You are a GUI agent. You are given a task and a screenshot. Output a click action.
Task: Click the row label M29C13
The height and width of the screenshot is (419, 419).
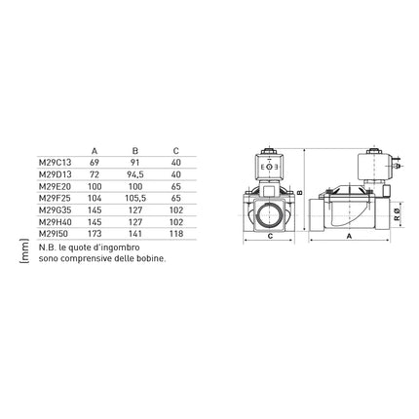[x=55, y=163]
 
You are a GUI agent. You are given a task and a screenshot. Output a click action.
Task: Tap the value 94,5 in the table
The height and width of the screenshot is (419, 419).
[x=135, y=174]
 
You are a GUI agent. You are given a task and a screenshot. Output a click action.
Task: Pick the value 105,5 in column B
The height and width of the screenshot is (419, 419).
[x=135, y=198]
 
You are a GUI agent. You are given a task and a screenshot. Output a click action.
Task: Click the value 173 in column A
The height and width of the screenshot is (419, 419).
[x=95, y=234]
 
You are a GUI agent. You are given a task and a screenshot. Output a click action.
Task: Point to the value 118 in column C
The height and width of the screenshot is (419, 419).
[x=176, y=234]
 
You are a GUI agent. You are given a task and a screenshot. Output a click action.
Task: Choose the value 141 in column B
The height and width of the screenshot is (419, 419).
[x=135, y=234]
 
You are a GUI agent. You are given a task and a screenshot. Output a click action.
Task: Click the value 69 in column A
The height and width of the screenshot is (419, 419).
[x=95, y=163]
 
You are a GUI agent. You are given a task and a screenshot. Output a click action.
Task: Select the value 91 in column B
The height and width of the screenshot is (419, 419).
[x=134, y=163]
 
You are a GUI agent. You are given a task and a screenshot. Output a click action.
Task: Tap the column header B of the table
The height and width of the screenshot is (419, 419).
[x=135, y=151]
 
